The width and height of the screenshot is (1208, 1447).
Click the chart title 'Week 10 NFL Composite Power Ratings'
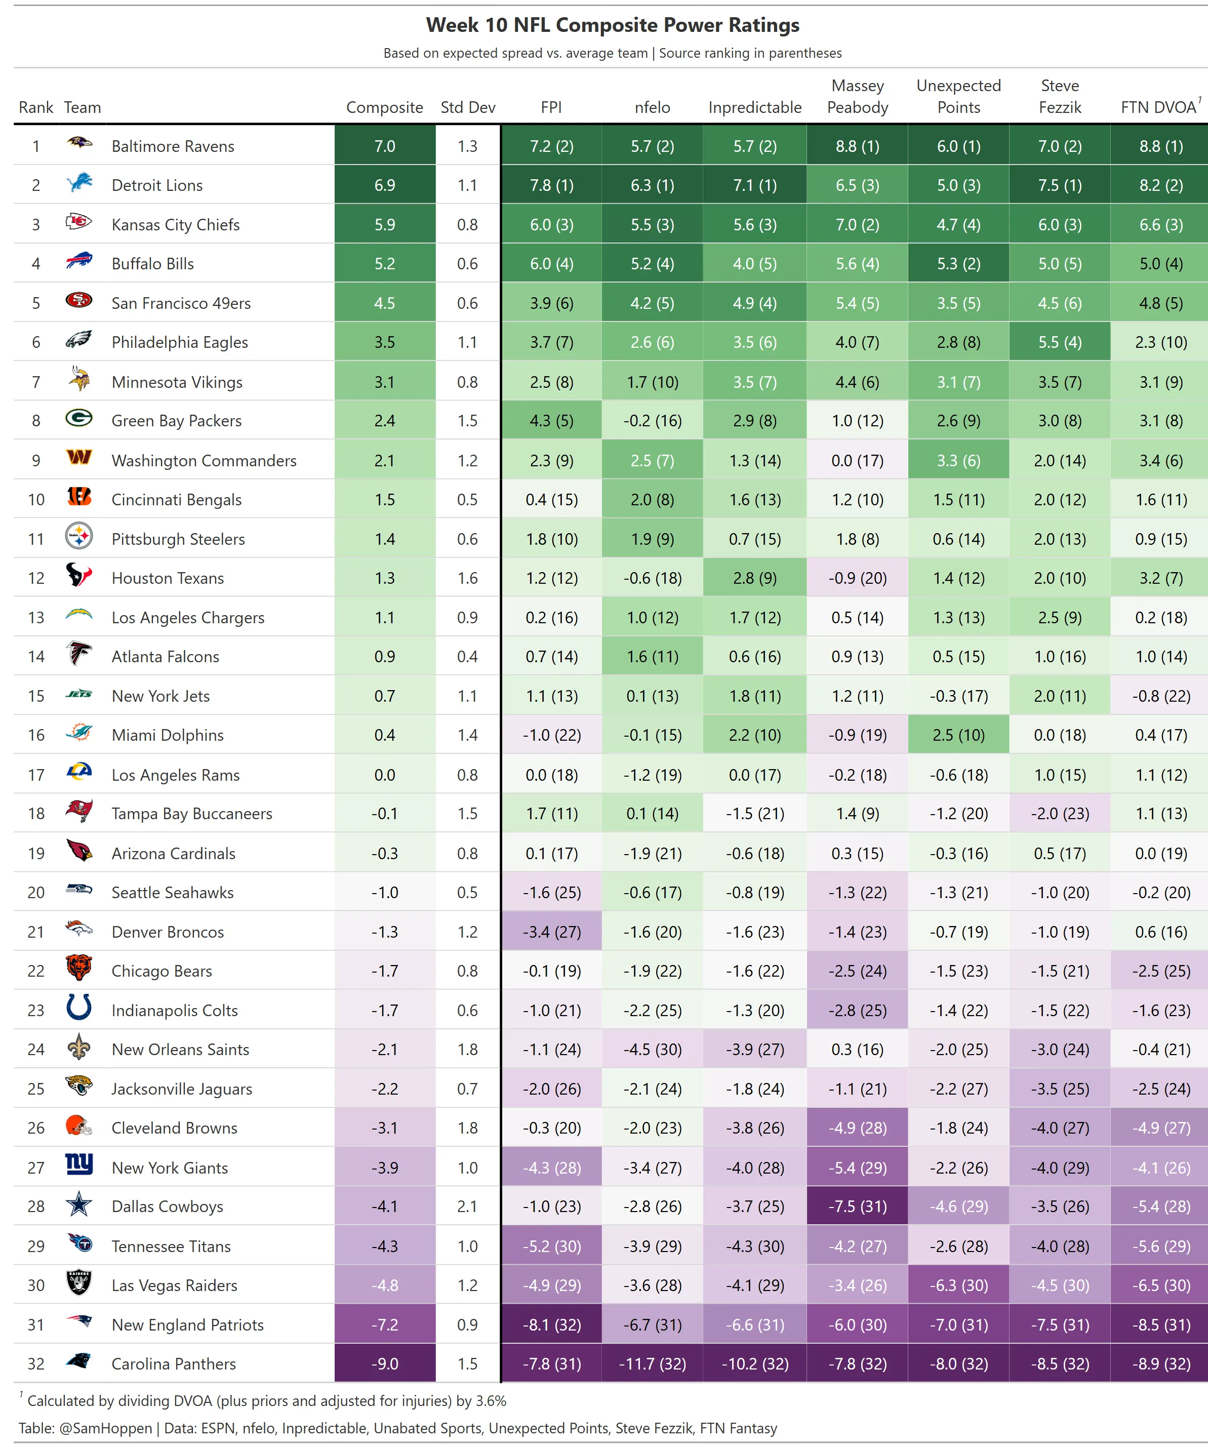[612, 25]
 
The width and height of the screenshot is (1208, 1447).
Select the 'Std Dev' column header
[467, 107]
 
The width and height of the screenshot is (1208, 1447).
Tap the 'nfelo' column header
[652, 107]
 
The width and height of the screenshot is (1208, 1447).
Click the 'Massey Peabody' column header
[857, 97]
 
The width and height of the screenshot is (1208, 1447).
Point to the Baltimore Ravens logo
[79, 143]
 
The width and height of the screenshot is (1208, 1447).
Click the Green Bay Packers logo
[79, 418]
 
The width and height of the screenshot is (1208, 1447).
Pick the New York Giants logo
[79, 1164]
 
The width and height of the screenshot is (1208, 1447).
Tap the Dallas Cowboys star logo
[79, 1204]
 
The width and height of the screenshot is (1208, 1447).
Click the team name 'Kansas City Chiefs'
[176, 225]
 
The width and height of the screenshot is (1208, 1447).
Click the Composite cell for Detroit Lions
[384, 185]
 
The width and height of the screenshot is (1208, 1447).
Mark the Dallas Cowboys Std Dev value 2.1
[467, 1207]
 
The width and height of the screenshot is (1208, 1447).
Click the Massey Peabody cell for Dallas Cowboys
[857, 1207]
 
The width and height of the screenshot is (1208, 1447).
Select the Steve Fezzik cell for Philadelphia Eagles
[1060, 342]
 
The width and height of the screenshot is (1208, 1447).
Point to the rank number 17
[36, 775]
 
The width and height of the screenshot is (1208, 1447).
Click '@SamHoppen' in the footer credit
[105, 1428]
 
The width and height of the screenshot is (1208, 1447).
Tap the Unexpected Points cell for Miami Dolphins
[958, 735]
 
